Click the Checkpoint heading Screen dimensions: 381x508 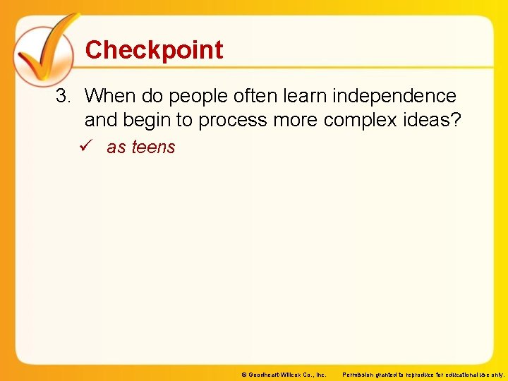pos(154,50)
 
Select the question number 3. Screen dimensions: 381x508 pos(64,96)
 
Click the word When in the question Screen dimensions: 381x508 pos(110,96)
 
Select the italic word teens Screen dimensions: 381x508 pos(153,147)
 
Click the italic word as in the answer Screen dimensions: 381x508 pos(116,147)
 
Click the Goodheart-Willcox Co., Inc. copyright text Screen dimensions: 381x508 pos(283,375)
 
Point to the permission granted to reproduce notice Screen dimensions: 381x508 pos(423,375)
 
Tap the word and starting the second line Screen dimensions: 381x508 pos(101,121)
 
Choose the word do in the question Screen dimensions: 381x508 pos(151,96)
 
